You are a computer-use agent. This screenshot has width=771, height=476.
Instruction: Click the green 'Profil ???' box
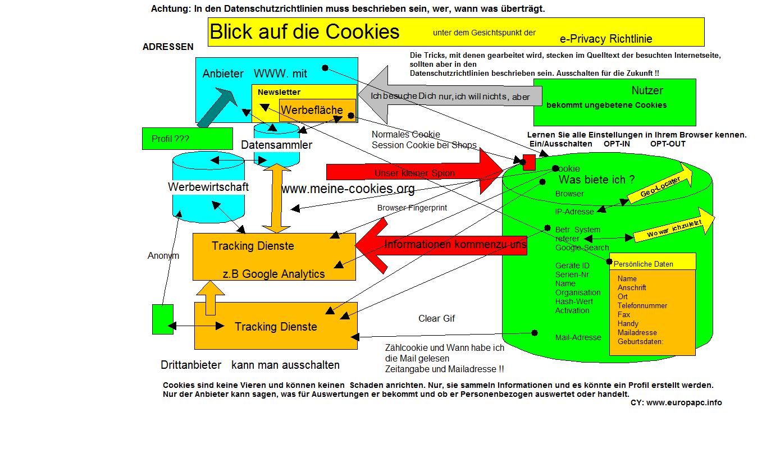pos(187,139)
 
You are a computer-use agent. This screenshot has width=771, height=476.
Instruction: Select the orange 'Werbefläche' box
pos(312,110)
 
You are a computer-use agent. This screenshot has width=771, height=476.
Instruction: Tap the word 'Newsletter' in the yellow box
pos(279,92)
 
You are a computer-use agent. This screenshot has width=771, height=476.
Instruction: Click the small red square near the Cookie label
pos(529,162)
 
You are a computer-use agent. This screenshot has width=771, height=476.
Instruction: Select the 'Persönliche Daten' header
pos(644,264)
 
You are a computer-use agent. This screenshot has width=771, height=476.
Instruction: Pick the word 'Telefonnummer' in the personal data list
pos(642,305)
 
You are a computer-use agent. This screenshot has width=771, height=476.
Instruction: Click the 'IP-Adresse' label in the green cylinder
pos(574,212)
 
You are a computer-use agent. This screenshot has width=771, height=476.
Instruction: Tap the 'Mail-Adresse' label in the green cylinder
pos(578,337)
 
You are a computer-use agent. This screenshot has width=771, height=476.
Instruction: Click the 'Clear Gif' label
pos(436,319)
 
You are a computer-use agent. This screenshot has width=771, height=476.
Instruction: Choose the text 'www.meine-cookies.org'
pos(348,189)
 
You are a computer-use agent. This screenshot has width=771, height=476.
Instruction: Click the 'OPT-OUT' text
pos(668,144)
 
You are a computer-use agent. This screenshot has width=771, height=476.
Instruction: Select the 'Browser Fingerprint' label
pos(412,208)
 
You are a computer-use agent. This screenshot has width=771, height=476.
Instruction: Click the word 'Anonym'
pos(163,256)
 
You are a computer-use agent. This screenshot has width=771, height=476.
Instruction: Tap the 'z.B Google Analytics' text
pos(273,274)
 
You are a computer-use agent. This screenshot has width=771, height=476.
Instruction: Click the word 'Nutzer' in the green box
pos(647,90)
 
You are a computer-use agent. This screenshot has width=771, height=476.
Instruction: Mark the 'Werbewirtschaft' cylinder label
pos(208,187)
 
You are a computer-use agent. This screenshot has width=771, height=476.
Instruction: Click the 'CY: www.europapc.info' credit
pos(676,402)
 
